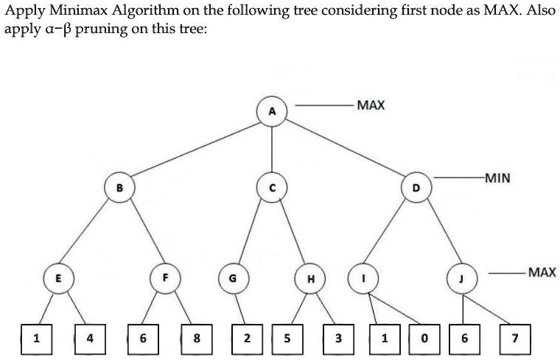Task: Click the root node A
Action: coord(273,111)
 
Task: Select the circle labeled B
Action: coord(119,188)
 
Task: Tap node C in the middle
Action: coord(273,189)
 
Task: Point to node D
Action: coord(415,188)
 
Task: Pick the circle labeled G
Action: coord(234,279)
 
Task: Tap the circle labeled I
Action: coord(363,278)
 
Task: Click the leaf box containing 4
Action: coord(90,339)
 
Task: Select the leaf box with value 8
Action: coord(196,339)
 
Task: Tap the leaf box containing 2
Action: coord(247,339)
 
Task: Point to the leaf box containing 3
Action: coord(337,339)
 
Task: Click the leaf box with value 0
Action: coord(424,339)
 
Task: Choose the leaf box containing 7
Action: coord(515,339)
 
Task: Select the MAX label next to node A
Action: coord(370,105)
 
